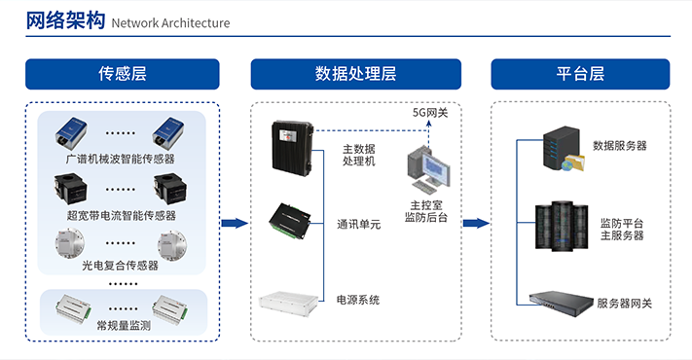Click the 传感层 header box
(x=123, y=74)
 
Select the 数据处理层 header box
(x=355, y=74)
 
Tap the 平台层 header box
(x=580, y=74)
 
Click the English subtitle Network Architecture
(x=170, y=23)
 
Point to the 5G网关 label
(x=430, y=113)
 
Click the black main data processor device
(x=293, y=146)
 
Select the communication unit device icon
(x=290, y=221)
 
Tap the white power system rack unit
(x=289, y=303)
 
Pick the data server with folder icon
(x=564, y=149)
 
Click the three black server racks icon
(x=562, y=227)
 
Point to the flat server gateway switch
(x=562, y=303)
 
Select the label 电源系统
(x=358, y=301)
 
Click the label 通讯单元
(x=358, y=225)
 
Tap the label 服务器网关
(x=624, y=304)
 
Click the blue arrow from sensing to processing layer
(x=235, y=223)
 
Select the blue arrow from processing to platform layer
(x=476, y=223)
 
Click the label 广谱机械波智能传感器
(x=121, y=159)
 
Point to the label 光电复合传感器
(x=120, y=266)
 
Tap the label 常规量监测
(x=124, y=326)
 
